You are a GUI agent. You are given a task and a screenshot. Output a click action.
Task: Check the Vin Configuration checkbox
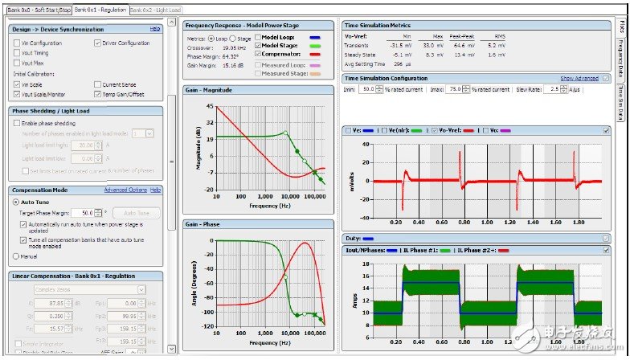[17, 43]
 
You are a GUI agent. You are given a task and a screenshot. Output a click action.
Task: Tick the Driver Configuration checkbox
[97, 43]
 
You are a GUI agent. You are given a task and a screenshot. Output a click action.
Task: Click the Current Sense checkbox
[97, 84]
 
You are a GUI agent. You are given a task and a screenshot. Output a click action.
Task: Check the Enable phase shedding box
[17, 123]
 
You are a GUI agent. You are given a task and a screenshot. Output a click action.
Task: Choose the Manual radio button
[15, 256]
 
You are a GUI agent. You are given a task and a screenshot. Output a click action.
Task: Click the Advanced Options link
[125, 190]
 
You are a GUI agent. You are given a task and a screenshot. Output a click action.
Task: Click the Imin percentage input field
[371, 89]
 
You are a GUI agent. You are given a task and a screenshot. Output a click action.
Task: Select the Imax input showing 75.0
[456, 89]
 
